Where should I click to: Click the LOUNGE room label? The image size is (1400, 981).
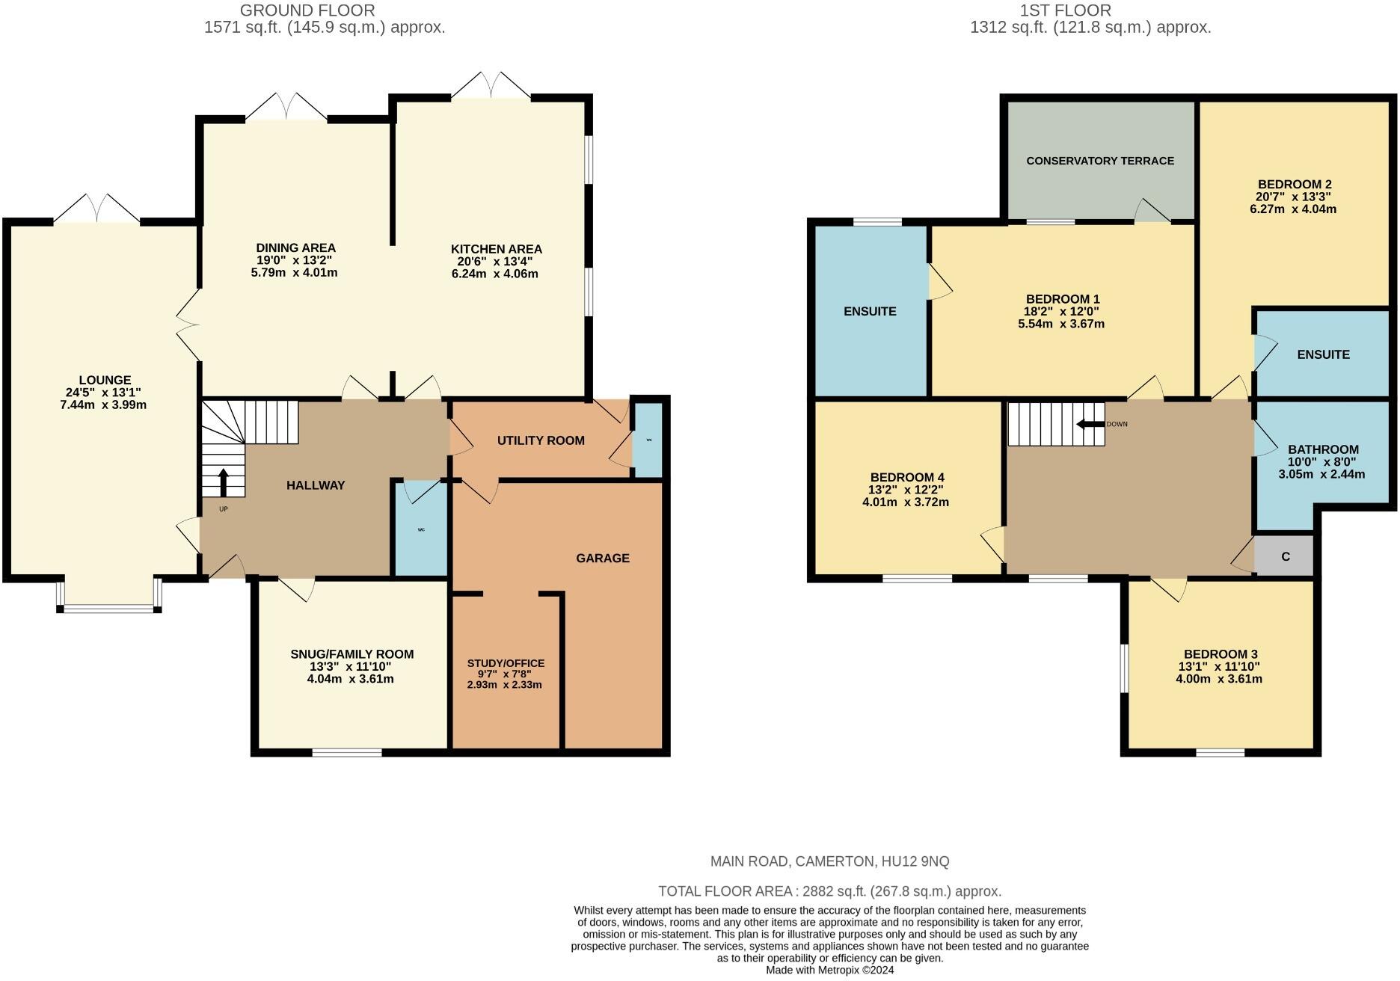[x=105, y=380]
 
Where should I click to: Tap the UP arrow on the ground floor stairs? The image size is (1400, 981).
[x=223, y=482]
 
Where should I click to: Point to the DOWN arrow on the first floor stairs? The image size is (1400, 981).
[x=1090, y=424]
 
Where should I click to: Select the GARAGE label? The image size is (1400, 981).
[x=603, y=558]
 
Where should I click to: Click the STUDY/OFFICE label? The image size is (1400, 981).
[x=506, y=663]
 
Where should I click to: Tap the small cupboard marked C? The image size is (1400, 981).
[x=1284, y=556]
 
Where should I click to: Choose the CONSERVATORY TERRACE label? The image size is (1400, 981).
[x=1100, y=161]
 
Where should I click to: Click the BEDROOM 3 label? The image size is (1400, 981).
[x=1220, y=654]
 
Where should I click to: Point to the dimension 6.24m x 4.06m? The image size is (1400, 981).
[x=495, y=274]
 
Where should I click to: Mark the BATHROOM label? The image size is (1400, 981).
[x=1323, y=449]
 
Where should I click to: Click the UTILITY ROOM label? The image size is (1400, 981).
[x=541, y=440]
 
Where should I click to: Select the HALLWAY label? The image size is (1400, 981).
[x=316, y=485]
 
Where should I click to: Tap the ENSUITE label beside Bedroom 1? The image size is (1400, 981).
[x=870, y=311]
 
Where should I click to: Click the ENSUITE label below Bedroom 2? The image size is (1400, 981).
[x=1324, y=354]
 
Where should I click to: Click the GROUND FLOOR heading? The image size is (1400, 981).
[x=307, y=10]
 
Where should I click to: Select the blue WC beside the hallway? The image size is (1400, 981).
[x=421, y=529]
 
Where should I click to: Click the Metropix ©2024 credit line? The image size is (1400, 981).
[x=829, y=971]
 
